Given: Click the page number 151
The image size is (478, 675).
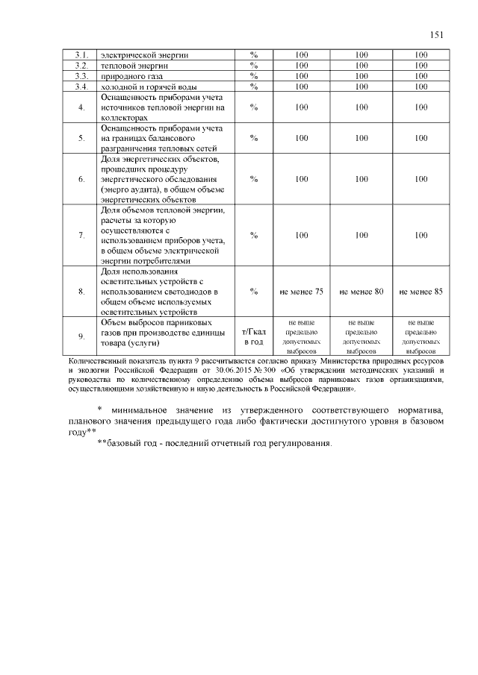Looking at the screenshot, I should pos(437,34).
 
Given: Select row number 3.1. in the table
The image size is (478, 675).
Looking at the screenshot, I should pos(81,55).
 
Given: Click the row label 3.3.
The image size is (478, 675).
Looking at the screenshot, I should pos(81,76).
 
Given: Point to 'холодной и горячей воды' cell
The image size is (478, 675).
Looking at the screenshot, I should pos(149,87).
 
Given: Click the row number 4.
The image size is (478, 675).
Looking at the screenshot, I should pos(81,107).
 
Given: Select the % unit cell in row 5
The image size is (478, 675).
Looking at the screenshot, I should pos(254,138).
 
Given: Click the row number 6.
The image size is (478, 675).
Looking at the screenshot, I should pos(81,179).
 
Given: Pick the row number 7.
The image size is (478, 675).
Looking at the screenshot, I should pos(81,236).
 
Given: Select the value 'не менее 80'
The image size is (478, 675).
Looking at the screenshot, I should pos(361,292).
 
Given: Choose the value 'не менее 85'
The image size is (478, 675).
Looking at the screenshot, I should pos(421,292).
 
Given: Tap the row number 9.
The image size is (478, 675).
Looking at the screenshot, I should pos(81,337).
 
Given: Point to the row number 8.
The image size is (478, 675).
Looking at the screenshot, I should pos(81,292).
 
